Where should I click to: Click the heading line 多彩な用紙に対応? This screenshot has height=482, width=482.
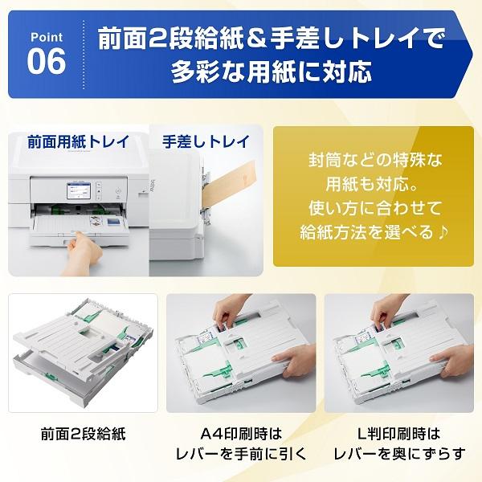coord(272,72)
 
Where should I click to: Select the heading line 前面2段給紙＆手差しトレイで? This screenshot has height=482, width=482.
coord(272,38)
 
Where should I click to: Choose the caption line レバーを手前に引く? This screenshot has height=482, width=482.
coord(241,454)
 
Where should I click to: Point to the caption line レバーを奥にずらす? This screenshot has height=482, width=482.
coord(400,454)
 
